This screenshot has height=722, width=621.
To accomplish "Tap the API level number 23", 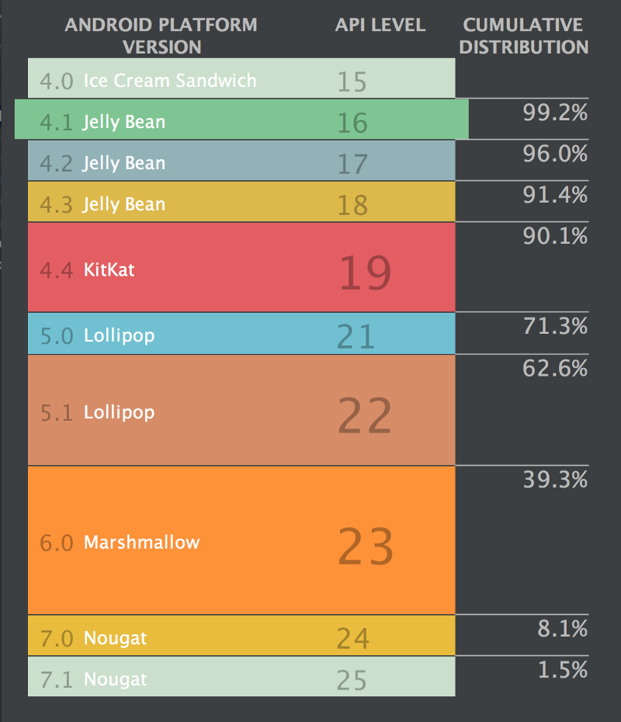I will tap(366, 547).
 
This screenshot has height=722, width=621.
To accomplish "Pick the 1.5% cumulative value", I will tap(563, 669).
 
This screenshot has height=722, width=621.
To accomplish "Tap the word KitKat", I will tap(109, 270).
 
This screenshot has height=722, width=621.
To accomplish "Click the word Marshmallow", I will tap(141, 542).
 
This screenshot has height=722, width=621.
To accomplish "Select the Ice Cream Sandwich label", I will tap(169, 80).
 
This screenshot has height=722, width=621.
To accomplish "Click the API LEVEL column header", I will tap(380, 25).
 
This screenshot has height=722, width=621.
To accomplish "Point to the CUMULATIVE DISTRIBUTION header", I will tap(523, 36).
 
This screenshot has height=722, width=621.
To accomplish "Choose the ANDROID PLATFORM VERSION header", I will tap(161, 36).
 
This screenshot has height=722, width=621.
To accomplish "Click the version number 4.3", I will tap(56, 205).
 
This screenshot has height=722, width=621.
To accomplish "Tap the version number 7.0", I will tap(56, 639).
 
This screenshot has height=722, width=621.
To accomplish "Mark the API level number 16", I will tap(352, 123).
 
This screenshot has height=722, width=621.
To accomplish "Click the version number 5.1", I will tap(56, 412).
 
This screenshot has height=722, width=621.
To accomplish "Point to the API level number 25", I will tap(352, 681).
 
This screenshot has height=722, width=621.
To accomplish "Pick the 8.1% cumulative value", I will tap(563, 628).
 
